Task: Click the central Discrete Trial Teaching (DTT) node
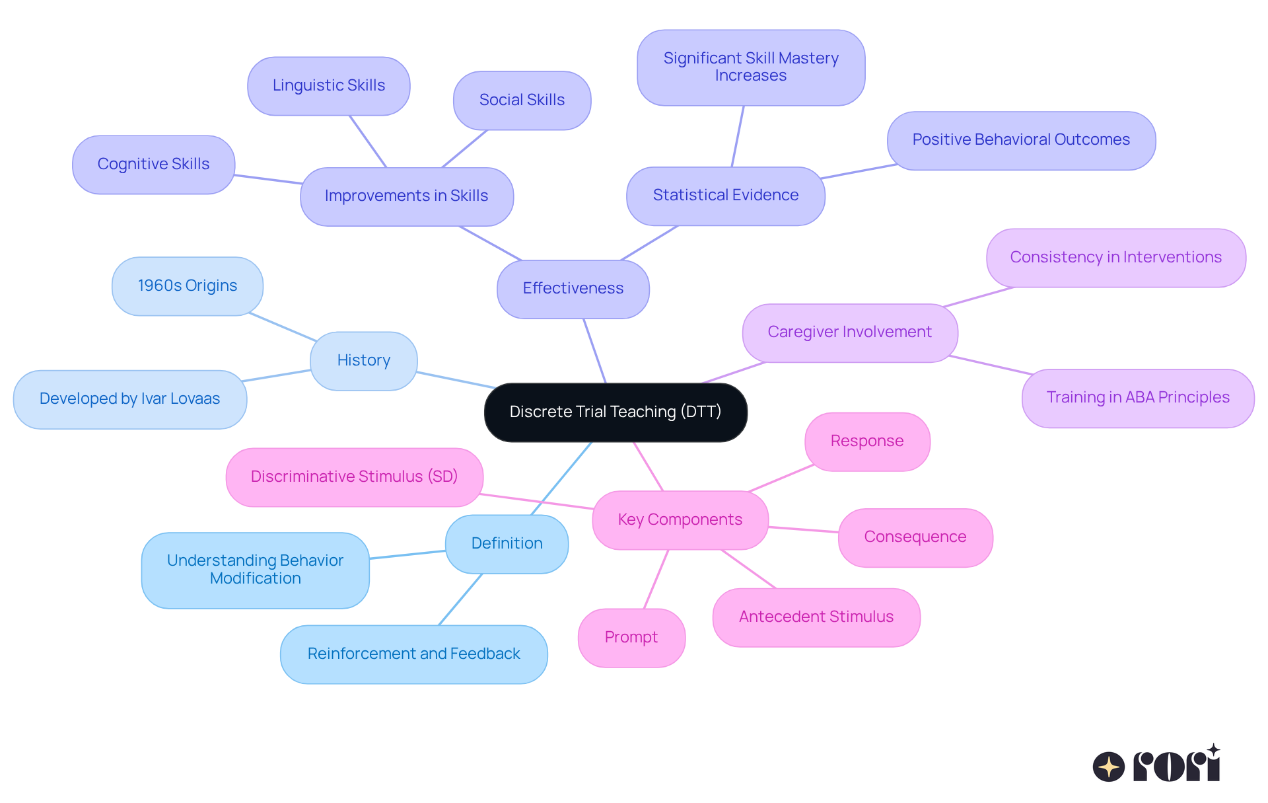(x=616, y=412)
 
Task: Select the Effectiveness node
(x=573, y=289)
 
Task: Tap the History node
(x=363, y=360)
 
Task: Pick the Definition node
(x=507, y=543)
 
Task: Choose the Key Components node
(x=680, y=519)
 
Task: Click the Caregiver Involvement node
(x=849, y=332)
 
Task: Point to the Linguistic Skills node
(x=328, y=86)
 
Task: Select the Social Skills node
(x=522, y=100)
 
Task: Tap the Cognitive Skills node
(x=153, y=165)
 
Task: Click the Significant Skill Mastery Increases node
(x=751, y=67)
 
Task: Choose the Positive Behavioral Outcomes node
(x=1020, y=140)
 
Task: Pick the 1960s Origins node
(x=188, y=286)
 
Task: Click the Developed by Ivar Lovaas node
(x=130, y=399)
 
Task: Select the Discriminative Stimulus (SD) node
(x=354, y=477)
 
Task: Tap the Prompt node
(x=631, y=638)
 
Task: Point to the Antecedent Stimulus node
(x=816, y=617)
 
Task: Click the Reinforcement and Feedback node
(x=413, y=654)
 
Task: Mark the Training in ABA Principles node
(x=1137, y=398)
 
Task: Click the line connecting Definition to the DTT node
(x=561, y=478)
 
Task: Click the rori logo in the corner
(x=1156, y=765)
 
